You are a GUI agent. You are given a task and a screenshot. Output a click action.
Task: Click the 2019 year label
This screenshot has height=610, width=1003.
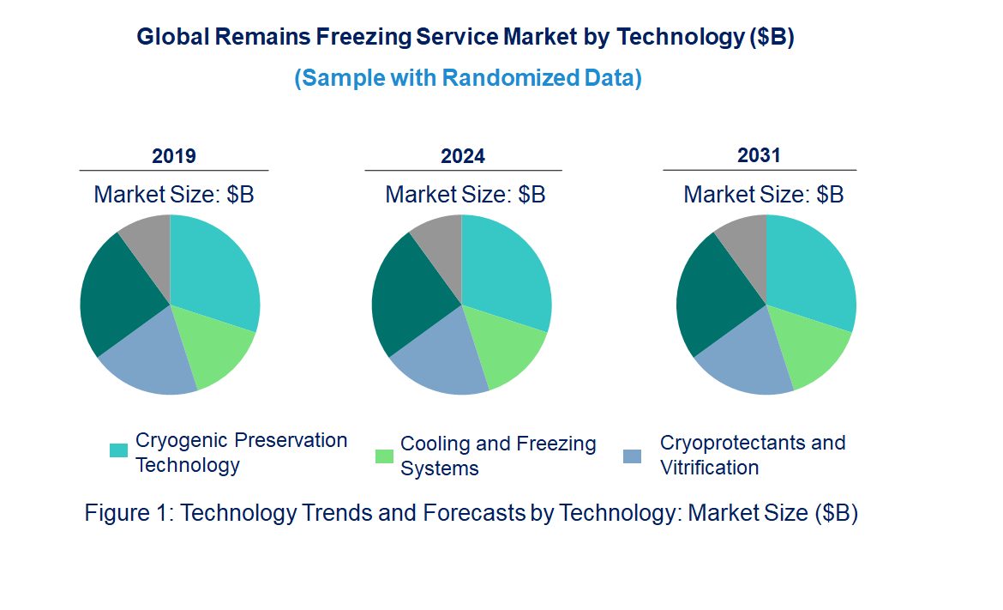(x=174, y=156)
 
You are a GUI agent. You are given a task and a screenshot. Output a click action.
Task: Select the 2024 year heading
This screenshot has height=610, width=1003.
(x=463, y=156)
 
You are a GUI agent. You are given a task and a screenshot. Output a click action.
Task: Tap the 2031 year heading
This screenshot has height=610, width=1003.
(x=760, y=155)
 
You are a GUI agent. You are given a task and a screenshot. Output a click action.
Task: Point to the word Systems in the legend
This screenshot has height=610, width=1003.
(x=439, y=468)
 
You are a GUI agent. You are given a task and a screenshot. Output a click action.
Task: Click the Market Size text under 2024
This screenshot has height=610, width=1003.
(x=465, y=194)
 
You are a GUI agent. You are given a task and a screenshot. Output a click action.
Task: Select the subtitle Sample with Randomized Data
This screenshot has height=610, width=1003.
(x=468, y=78)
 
